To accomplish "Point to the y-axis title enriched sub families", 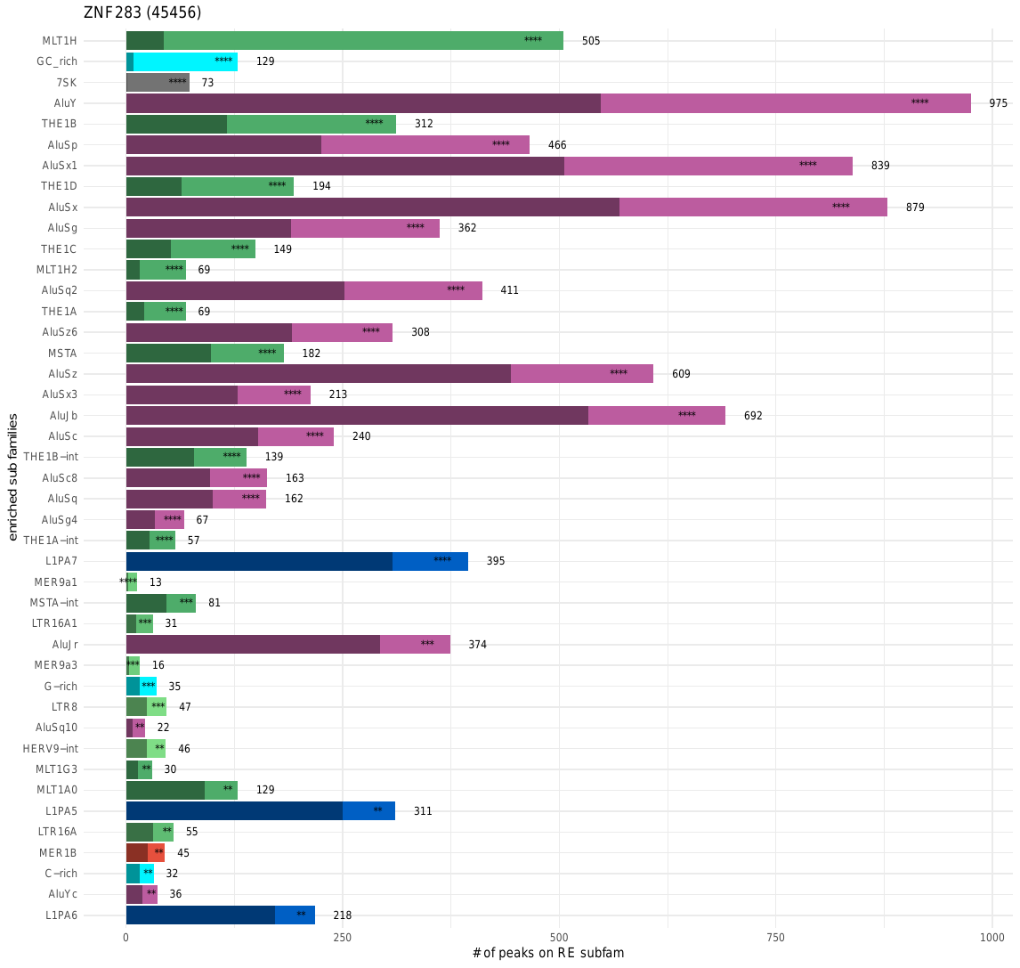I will (x=13, y=476).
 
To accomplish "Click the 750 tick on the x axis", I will (x=775, y=937).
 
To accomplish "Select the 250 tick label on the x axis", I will (x=343, y=937).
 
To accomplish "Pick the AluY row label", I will (x=65, y=103).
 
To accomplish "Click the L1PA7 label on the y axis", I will (x=61, y=561).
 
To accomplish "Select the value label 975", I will (x=998, y=103).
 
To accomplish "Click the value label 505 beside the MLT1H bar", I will (x=591, y=41).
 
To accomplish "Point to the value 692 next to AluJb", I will (x=753, y=416).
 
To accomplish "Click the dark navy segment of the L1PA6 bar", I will (x=200, y=915).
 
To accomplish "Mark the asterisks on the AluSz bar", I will (x=619, y=373).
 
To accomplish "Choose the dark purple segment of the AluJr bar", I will (x=253, y=645).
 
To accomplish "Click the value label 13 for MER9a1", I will (x=156, y=582).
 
